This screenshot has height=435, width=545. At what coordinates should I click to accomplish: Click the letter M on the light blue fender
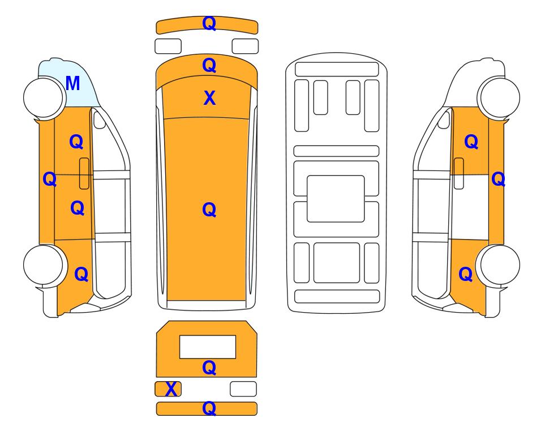72,83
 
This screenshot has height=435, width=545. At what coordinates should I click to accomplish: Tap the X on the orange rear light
171,389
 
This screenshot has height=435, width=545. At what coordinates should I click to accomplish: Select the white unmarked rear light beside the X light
243,389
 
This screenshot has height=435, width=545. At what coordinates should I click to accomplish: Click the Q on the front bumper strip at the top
209,24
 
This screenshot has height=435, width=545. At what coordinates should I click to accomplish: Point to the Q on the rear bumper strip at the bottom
209,408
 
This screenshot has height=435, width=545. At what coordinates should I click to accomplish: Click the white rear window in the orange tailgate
208,347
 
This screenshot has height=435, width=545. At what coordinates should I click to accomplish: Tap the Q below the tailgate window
209,368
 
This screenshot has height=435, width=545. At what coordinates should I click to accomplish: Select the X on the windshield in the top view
209,98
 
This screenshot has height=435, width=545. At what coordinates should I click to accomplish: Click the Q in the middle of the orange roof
209,210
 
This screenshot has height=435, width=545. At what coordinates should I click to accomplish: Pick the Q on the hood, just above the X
209,66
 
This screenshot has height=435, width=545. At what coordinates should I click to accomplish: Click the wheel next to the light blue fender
44,97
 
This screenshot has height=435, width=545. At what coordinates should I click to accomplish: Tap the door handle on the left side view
84,173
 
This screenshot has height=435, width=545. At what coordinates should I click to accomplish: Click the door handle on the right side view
459,173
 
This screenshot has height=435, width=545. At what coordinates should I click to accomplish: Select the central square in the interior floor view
336,199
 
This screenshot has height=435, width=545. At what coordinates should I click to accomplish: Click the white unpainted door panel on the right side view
470,207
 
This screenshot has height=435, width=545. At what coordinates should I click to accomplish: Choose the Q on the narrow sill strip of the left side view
50,180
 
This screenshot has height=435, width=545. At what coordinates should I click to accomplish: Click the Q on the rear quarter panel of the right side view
466,274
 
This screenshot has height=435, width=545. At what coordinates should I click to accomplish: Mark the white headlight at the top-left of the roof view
168,46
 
